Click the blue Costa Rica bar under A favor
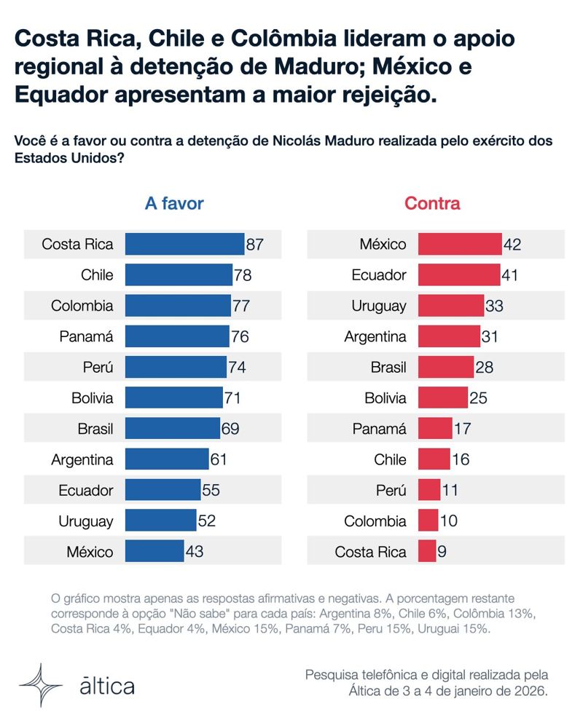(x=184, y=245)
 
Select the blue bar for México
(x=154, y=551)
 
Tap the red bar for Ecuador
(x=459, y=275)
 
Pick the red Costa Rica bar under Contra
(x=427, y=551)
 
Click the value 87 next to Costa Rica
(x=254, y=245)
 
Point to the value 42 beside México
(x=512, y=245)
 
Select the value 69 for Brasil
(x=230, y=429)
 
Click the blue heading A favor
(x=174, y=204)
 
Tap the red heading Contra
(x=432, y=204)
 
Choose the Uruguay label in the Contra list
(x=380, y=306)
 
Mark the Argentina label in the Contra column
(x=375, y=336)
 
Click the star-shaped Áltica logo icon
(x=41, y=685)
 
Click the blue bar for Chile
(x=179, y=275)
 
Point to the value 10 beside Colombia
(x=450, y=521)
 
